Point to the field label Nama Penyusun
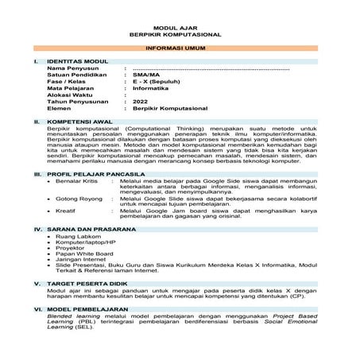pyautogui.click(x=68, y=68)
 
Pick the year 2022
pyautogui.click(x=141, y=103)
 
